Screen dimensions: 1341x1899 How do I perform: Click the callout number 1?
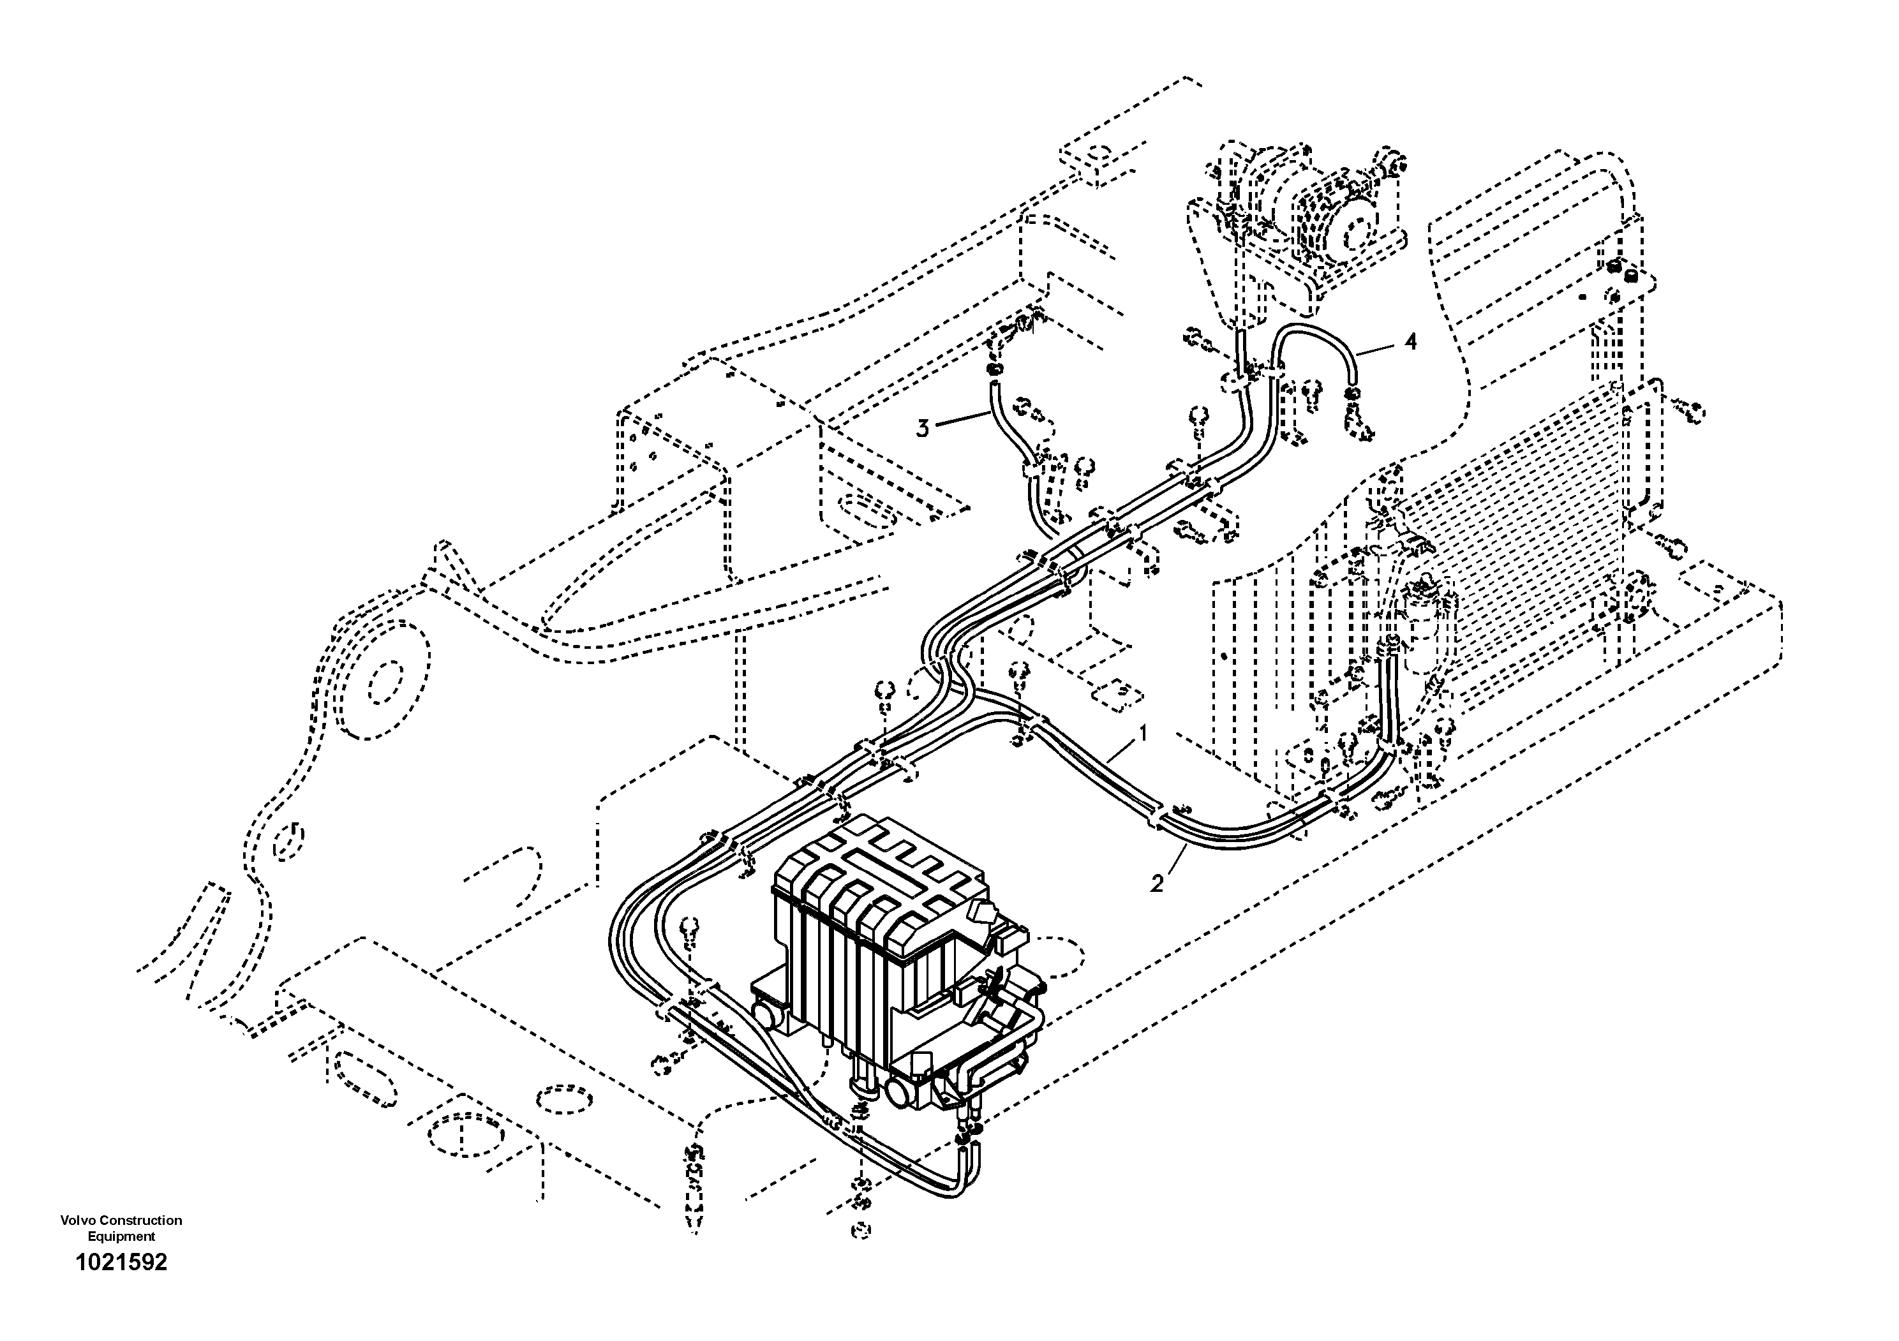[x=1144, y=732]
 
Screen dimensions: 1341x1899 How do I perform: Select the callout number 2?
[x=1157, y=884]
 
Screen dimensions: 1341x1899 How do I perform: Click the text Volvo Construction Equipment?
[x=121, y=1227]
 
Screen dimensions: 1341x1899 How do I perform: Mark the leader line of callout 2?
[x=1175, y=861]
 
